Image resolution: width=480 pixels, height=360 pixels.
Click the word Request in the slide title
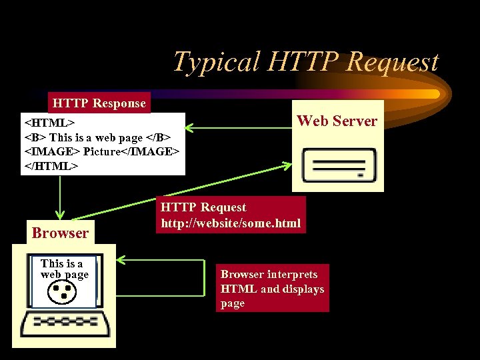(x=394, y=62)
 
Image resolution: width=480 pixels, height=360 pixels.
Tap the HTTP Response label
(x=99, y=103)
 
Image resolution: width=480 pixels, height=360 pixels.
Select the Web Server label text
(x=337, y=121)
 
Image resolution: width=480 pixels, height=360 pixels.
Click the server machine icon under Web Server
(x=337, y=165)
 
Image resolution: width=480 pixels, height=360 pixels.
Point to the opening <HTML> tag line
(x=49, y=123)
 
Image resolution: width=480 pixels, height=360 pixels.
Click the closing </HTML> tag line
(x=52, y=165)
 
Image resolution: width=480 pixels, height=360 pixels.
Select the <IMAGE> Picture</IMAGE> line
(x=102, y=151)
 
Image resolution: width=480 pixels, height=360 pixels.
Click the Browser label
(x=60, y=233)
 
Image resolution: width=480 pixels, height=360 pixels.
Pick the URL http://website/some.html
(x=231, y=223)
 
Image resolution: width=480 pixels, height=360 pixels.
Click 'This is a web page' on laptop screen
(x=64, y=269)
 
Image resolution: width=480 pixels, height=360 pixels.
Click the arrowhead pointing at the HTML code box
(x=189, y=127)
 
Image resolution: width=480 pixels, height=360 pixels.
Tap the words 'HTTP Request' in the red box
(x=203, y=207)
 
